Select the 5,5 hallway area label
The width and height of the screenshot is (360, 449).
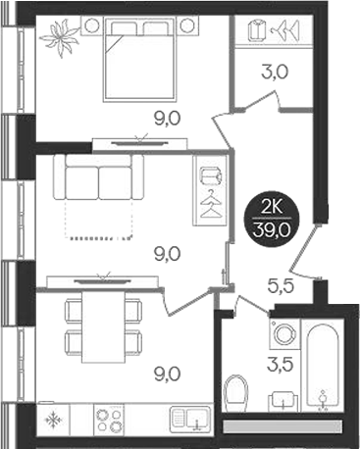tap(283, 288)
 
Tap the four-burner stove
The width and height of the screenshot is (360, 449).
tap(109, 420)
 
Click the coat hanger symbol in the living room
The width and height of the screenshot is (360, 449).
tap(209, 206)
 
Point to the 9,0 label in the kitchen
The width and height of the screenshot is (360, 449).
tap(168, 373)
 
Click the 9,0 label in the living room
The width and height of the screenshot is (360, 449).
tap(168, 254)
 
